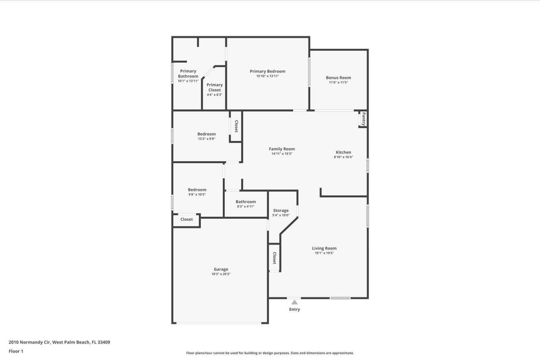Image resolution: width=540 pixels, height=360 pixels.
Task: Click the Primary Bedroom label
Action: click(267, 71)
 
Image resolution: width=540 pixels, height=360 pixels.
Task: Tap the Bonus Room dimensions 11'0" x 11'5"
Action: click(338, 83)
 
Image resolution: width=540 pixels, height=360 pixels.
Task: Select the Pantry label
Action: click(363, 119)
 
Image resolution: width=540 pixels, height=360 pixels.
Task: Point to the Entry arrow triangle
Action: click(294, 302)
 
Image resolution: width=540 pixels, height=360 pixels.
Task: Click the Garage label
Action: click(221, 269)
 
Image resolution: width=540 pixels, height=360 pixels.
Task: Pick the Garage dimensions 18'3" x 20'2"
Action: click(221, 274)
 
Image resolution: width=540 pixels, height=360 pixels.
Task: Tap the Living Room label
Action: click(324, 248)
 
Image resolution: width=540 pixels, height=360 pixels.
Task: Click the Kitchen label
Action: click(343, 152)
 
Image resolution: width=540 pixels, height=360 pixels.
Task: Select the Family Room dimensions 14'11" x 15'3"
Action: click(282, 154)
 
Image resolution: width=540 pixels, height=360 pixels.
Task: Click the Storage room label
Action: click(281, 210)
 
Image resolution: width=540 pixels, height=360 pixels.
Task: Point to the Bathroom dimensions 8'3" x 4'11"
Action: click(246, 207)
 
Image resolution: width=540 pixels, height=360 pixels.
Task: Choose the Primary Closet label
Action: click(214, 87)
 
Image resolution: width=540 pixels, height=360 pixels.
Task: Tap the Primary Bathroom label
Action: click(188, 74)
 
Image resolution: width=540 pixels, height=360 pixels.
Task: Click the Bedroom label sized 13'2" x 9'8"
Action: click(206, 134)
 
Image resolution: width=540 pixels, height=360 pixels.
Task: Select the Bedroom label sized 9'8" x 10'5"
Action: click(197, 190)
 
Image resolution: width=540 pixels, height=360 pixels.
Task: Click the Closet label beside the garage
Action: click(186, 219)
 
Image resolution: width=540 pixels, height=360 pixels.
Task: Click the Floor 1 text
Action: click(16, 351)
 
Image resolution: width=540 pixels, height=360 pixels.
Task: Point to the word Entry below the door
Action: click(294, 309)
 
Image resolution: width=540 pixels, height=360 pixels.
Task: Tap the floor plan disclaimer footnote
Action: click(270, 353)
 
